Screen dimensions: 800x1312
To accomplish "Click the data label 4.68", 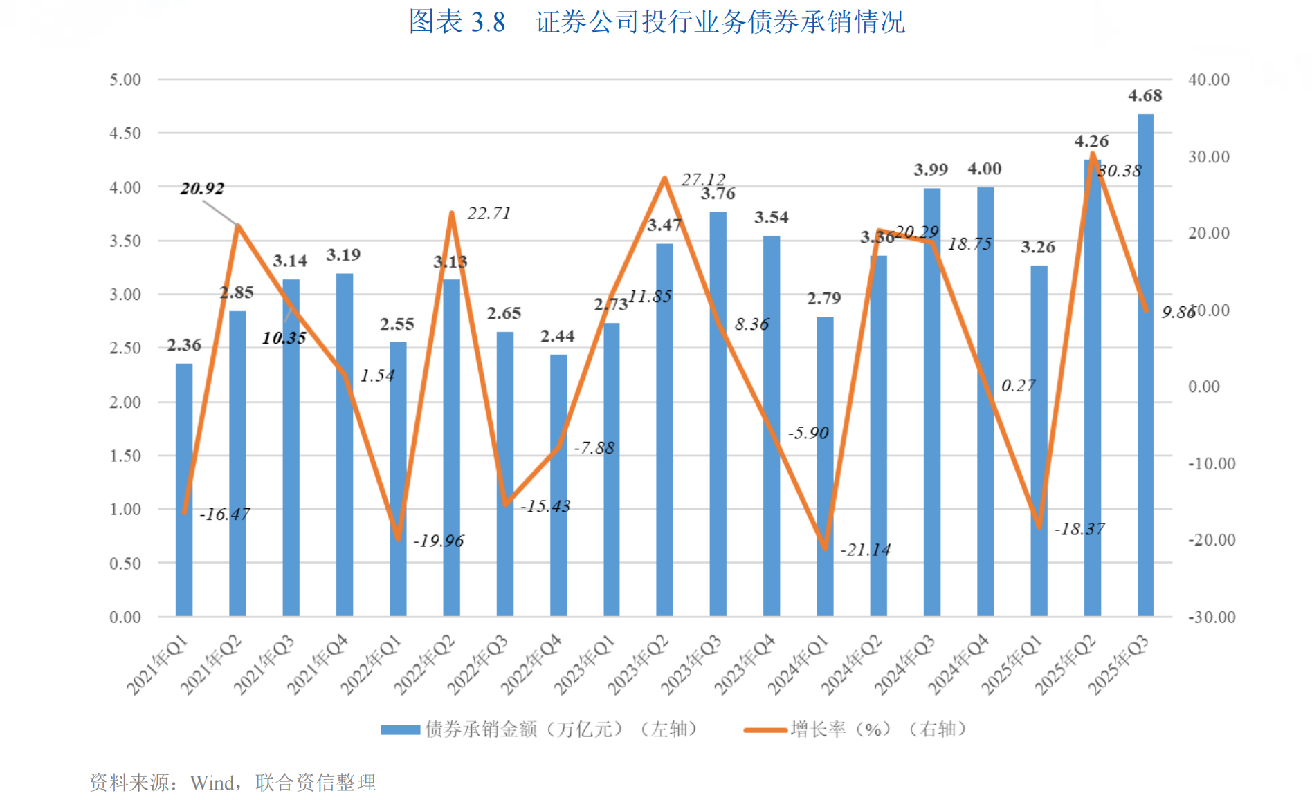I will pos(1145,95).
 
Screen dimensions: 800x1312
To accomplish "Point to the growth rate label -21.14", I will pos(865,550).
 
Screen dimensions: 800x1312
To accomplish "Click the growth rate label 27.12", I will pos(703,180).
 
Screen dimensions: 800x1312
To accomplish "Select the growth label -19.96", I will pos(438,541).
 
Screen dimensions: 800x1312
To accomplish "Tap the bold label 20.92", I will pos(202,188).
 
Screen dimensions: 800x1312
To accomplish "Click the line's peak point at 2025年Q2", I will pos(1093,154).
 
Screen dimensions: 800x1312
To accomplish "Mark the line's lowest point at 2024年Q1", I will pos(825,548).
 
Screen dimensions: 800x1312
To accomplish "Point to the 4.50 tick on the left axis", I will pos(125,133).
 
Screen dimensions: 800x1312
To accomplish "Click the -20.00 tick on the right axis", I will pos(1212,540).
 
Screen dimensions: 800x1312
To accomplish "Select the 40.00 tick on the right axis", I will pos(1209,80).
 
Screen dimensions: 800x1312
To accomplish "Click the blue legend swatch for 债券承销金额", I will pos(400,729).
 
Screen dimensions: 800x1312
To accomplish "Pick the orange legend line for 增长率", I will pos(765,729).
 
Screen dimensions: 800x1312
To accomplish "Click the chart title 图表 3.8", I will pos(457,21).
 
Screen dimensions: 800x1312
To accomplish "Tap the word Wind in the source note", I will pos(212,783).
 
